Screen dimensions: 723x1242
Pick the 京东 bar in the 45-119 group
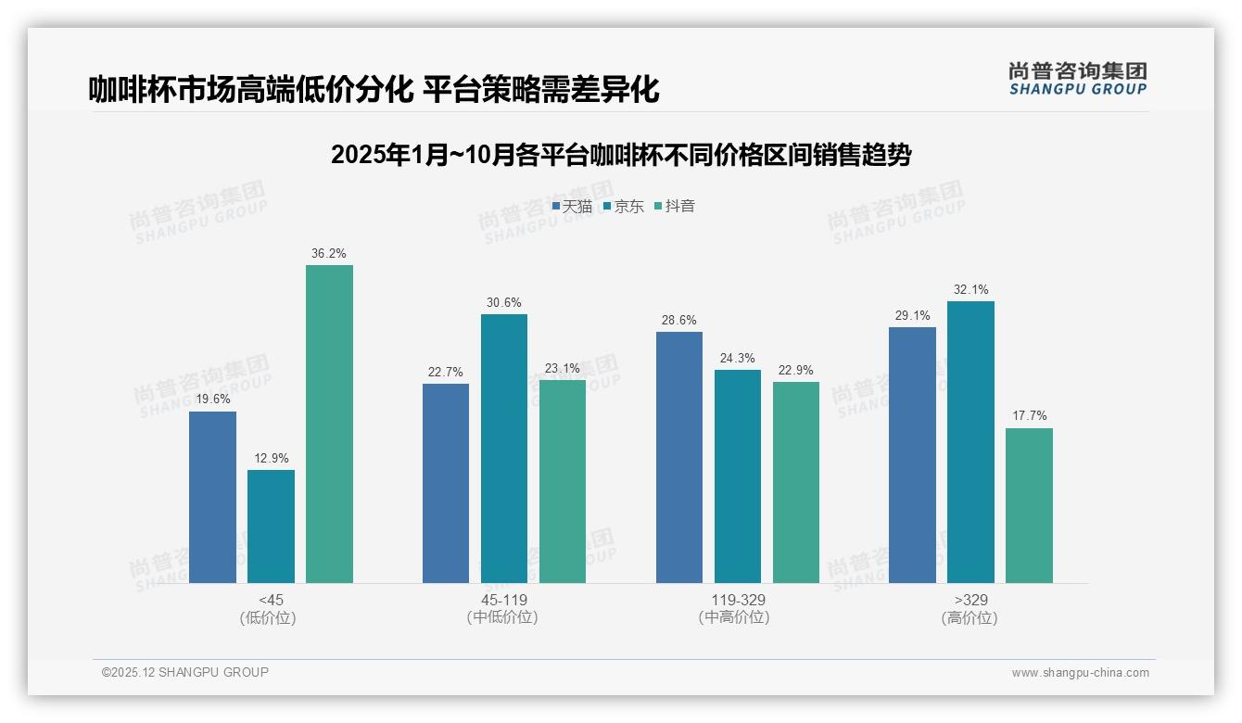click(503, 449)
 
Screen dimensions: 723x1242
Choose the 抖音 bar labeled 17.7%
click(1029, 505)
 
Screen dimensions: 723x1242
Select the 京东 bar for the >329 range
click(970, 442)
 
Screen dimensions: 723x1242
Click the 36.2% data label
click(329, 253)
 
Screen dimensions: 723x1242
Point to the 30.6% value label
click(503, 302)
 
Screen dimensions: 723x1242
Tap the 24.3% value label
click(737, 358)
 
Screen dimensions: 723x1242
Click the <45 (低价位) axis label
click(271, 608)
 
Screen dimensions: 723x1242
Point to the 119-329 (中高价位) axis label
click(737, 608)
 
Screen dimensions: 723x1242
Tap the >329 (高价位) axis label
click(970, 608)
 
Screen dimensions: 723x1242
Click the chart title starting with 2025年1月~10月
click(620, 154)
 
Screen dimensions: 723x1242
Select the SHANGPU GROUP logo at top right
click(1077, 78)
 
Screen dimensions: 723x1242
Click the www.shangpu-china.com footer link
click(1080, 673)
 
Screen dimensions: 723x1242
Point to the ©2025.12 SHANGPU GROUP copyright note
click(185, 672)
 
